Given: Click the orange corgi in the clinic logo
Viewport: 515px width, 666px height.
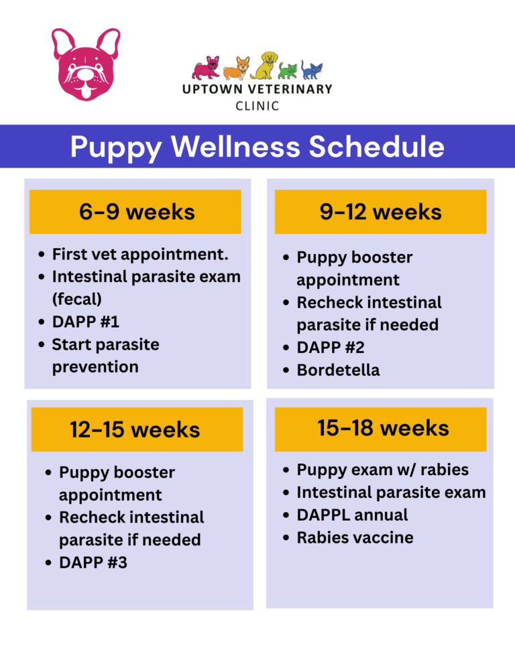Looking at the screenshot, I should click(235, 68).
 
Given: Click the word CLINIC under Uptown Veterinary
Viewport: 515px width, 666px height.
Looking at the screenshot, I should click(257, 106).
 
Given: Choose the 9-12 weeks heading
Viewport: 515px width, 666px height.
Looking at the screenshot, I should click(380, 212).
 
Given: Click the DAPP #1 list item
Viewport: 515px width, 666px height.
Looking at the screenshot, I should click(85, 322).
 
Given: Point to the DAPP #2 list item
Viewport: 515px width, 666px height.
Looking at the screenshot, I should click(330, 347).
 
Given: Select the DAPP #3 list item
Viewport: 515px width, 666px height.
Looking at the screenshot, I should click(93, 563).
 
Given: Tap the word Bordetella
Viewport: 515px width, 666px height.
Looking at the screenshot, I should click(338, 370).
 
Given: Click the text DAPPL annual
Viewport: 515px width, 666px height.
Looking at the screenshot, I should click(352, 515).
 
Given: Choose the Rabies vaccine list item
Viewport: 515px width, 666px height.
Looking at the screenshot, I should click(355, 537).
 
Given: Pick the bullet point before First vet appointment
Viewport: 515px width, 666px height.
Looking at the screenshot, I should click(42, 255).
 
